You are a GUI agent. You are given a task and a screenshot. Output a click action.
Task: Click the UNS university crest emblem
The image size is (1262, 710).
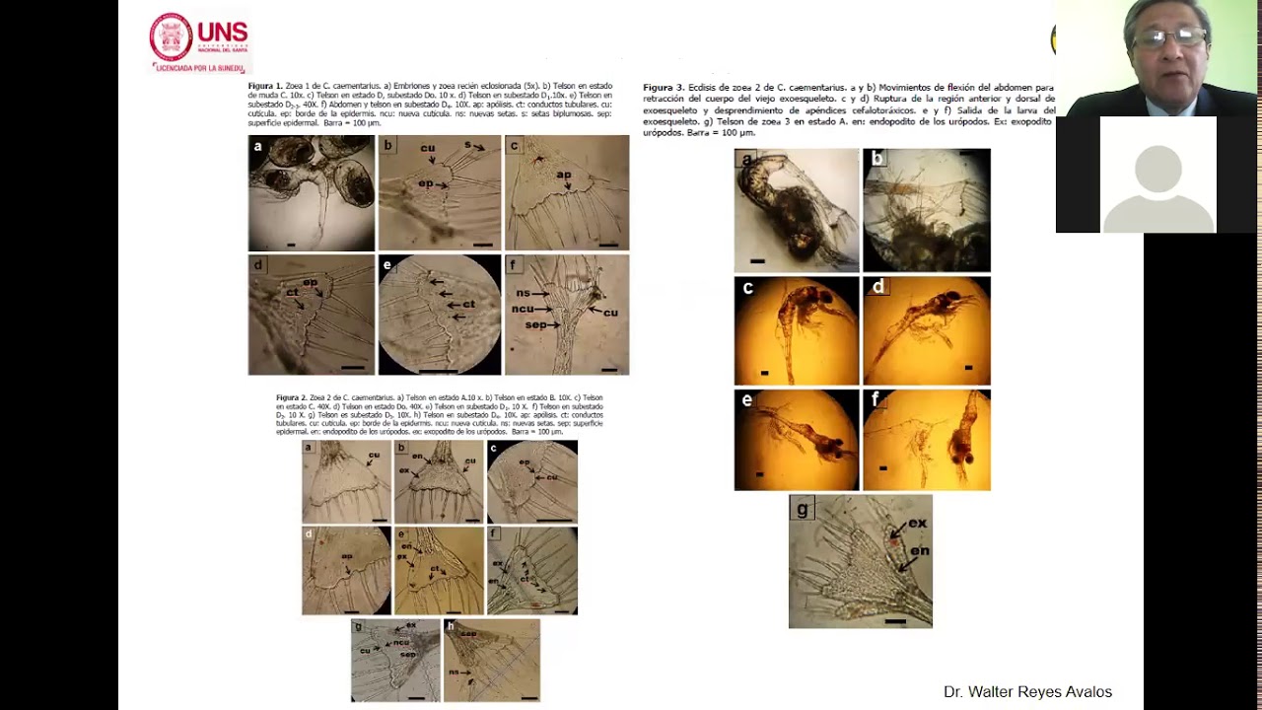click(x=171, y=36)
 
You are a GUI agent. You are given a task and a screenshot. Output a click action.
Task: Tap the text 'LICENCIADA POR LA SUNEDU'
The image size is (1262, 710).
click(x=200, y=67)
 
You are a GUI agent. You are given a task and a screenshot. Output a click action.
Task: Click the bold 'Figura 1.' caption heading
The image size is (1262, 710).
click(x=265, y=87)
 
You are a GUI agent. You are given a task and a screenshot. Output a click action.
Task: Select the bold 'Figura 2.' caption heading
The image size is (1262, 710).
click(x=292, y=397)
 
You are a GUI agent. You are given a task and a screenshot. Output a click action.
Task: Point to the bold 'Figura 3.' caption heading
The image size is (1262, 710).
click(x=664, y=88)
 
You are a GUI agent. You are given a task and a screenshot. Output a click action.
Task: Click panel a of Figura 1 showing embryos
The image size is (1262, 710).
click(x=311, y=193)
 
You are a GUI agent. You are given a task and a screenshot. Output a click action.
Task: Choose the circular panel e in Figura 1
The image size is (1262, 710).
click(x=439, y=315)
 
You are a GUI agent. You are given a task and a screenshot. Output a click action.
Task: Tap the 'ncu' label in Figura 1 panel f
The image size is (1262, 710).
click(x=523, y=309)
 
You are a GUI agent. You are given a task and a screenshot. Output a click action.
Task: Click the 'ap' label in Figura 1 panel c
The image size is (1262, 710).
click(x=564, y=175)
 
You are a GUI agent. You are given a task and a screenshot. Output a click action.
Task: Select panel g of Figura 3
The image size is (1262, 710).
click(x=860, y=562)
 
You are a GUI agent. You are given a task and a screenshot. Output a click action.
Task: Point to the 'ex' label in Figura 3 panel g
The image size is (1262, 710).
click(x=917, y=524)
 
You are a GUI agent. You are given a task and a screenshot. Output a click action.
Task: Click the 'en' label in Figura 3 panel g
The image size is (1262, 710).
click(x=919, y=550)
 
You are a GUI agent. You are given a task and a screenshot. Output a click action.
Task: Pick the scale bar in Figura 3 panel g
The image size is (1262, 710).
click(x=894, y=621)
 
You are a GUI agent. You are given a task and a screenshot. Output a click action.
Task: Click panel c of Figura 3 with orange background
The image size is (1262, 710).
click(x=796, y=330)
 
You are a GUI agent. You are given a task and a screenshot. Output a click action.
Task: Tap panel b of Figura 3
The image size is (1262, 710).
click(x=926, y=210)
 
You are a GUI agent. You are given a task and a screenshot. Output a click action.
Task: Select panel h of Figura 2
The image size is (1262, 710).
click(x=491, y=661)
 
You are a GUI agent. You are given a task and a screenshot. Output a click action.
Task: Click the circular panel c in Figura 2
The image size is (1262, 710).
click(x=531, y=482)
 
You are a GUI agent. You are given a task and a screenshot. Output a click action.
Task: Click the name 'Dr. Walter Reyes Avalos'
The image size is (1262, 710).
click(x=1027, y=692)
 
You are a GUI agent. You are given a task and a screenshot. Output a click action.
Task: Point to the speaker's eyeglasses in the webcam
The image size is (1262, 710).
click(x=1169, y=38)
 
